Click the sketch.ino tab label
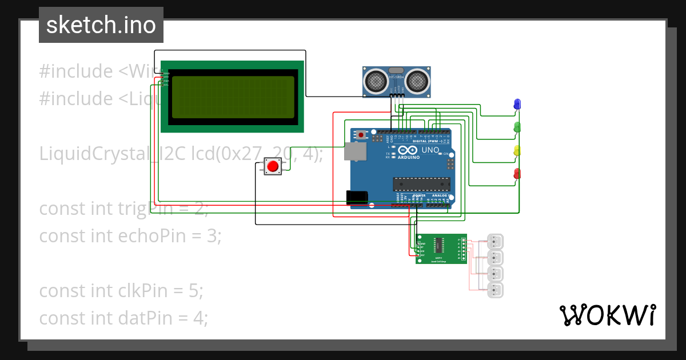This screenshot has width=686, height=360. pyautogui.click(x=101, y=25)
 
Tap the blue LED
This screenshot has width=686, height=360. pyautogui.click(x=517, y=103)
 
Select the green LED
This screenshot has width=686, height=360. pyautogui.click(x=517, y=127)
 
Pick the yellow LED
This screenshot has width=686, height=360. pyautogui.click(x=517, y=150)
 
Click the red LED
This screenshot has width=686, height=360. pyautogui.click(x=517, y=173)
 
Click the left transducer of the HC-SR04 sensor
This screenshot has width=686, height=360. pyautogui.click(x=376, y=81)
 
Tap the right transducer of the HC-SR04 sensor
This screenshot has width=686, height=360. pyautogui.click(x=417, y=81)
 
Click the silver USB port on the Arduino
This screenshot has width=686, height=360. pyautogui.click(x=354, y=151)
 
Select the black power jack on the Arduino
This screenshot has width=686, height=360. pyautogui.click(x=357, y=197)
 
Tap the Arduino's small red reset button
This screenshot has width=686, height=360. pyautogui.click(x=361, y=135)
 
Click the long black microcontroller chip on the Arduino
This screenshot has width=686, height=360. pyautogui.click(x=421, y=183)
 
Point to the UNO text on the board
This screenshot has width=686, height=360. pyautogui.click(x=430, y=150)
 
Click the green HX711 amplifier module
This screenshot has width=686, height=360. pyautogui.click(x=441, y=249)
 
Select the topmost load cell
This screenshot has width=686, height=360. pyautogui.click(x=495, y=242)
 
